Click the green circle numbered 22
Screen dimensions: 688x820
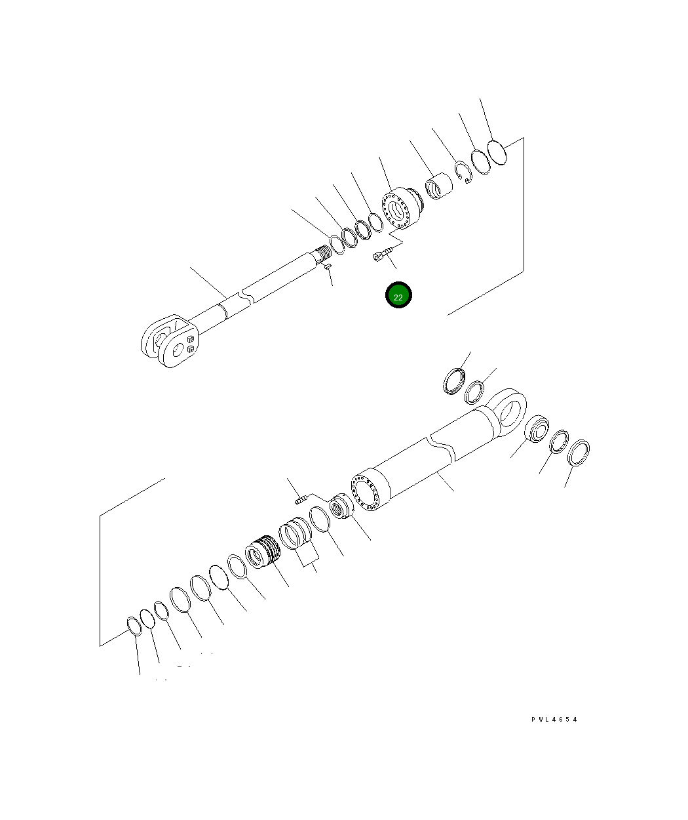pos(398,295)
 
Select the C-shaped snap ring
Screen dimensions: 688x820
pos(463,172)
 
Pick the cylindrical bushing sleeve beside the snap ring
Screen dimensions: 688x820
pos(438,186)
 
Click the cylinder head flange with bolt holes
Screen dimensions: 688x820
pos(401,208)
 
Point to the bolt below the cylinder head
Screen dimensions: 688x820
pos(383,253)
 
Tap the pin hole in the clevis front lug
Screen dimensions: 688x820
pos(178,349)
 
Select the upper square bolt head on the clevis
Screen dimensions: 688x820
pos(191,339)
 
